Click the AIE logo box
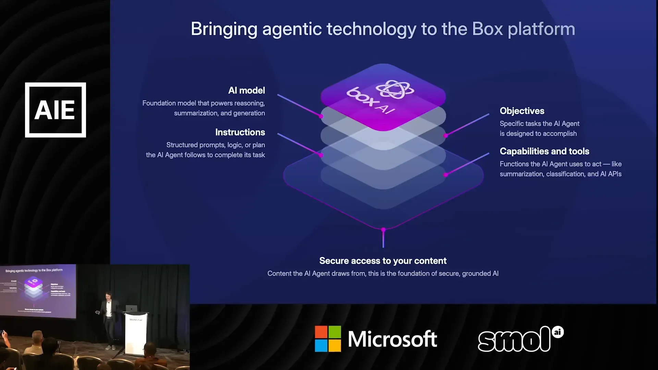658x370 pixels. (56, 110)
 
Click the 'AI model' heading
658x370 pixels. (246, 90)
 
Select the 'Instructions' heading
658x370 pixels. (240, 132)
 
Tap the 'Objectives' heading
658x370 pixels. (522, 111)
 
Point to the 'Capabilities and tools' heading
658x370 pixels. (544, 151)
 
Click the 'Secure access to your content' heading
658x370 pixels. (383, 261)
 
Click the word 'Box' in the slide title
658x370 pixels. (487, 29)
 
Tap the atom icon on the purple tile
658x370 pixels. (395, 89)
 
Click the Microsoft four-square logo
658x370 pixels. (328, 339)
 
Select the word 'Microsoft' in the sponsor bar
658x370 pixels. (392, 339)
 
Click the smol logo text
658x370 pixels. (514, 340)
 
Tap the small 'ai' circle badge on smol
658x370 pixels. (558, 332)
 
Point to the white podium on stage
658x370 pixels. (136, 332)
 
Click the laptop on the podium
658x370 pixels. (131, 308)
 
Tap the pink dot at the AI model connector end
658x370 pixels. (321, 116)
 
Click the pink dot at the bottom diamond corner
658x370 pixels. (383, 230)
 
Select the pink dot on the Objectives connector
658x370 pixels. (446, 136)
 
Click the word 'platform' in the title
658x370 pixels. (541, 29)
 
